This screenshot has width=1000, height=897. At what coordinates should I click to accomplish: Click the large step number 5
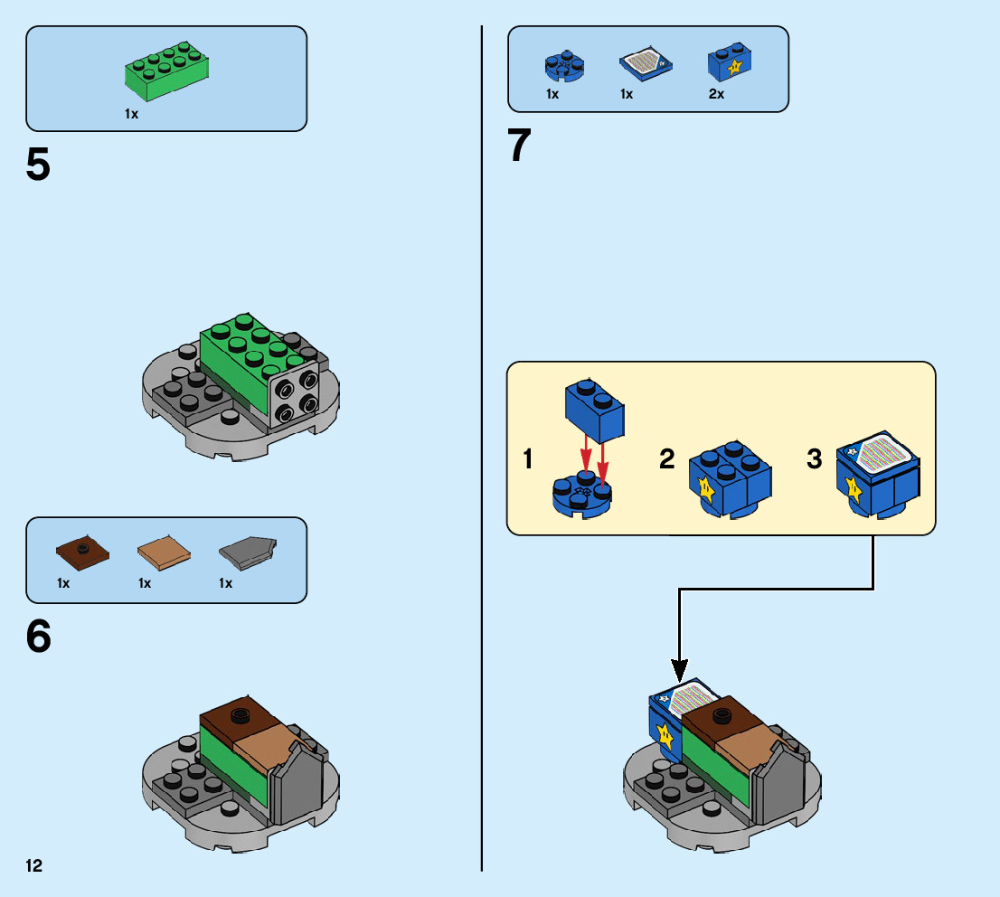point(38,165)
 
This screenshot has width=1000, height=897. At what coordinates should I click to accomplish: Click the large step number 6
point(38,637)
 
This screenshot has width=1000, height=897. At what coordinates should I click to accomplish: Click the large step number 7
point(519,146)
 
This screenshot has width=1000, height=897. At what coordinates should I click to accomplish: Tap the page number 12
point(33,866)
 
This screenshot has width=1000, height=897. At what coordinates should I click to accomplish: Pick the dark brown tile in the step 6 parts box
point(83,551)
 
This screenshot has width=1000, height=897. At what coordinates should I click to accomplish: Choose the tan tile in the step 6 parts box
point(164,553)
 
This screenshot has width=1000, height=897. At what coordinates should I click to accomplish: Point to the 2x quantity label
point(716,94)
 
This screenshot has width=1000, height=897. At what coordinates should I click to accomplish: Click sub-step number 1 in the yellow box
point(528,459)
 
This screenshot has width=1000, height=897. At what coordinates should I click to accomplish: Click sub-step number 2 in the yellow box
point(667,459)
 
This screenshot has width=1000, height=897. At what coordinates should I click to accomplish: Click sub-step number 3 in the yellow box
point(814,459)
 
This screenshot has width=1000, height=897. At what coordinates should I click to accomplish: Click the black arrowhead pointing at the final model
point(679,669)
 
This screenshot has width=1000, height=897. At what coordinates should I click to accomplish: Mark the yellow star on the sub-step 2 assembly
point(707,492)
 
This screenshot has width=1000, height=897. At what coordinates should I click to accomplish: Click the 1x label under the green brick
point(132,115)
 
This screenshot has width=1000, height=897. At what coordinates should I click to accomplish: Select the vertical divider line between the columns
point(481,452)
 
